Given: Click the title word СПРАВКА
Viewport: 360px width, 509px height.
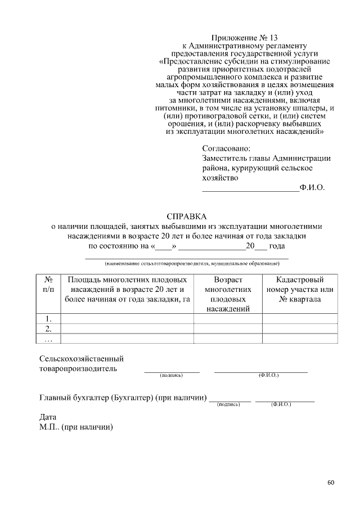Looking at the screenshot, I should click(x=187, y=216).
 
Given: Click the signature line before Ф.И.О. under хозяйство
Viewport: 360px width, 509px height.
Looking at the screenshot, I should click(x=250, y=191).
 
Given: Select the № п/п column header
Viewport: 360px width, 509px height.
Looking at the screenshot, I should click(x=48, y=284).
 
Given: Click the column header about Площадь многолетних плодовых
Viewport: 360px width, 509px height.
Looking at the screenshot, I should click(x=127, y=289).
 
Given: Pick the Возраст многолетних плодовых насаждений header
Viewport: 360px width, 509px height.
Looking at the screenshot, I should click(x=228, y=294).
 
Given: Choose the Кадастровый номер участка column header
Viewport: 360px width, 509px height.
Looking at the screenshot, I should click(x=300, y=289).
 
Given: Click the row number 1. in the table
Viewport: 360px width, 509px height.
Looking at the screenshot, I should click(x=48, y=319).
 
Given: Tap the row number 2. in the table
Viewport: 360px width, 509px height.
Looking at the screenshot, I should click(x=48, y=328).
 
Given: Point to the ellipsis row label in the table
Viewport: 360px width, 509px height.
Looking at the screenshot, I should click(x=48, y=338).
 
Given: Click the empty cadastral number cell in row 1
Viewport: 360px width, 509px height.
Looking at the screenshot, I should click(x=300, y=319).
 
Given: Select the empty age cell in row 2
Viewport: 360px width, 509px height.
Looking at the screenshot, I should click(x=228, y=328).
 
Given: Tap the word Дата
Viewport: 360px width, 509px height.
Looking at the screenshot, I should click(x=48, y=417).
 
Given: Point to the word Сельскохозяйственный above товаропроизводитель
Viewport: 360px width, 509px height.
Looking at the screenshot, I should click(x=82, y=358).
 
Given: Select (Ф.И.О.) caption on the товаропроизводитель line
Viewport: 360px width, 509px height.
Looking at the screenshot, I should click(x=268, y=375).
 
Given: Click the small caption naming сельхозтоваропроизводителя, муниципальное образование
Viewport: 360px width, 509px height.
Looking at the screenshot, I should click(x=192, y=263).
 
